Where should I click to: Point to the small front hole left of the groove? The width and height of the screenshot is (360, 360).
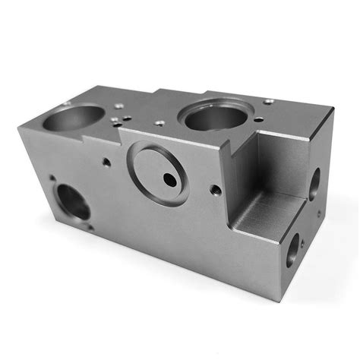tap(106, 161)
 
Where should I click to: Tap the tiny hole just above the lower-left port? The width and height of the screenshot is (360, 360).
tap(53, 179)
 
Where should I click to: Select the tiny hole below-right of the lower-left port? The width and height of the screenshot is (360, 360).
tap(91, 227)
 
